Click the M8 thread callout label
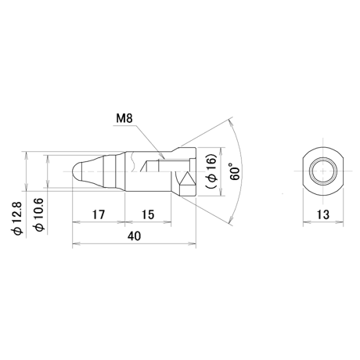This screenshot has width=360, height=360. click(124, 118)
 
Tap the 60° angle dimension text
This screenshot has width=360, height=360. click(235, 171)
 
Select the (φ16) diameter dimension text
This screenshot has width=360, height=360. click(211, 171)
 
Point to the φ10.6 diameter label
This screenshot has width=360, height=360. click(38, 214)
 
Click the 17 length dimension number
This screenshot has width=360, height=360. click(99, 214)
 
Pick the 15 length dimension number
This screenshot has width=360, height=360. click(148, 214)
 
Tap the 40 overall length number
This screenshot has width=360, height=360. click(134, 236)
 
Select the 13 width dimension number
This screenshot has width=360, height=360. click(323, 214)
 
